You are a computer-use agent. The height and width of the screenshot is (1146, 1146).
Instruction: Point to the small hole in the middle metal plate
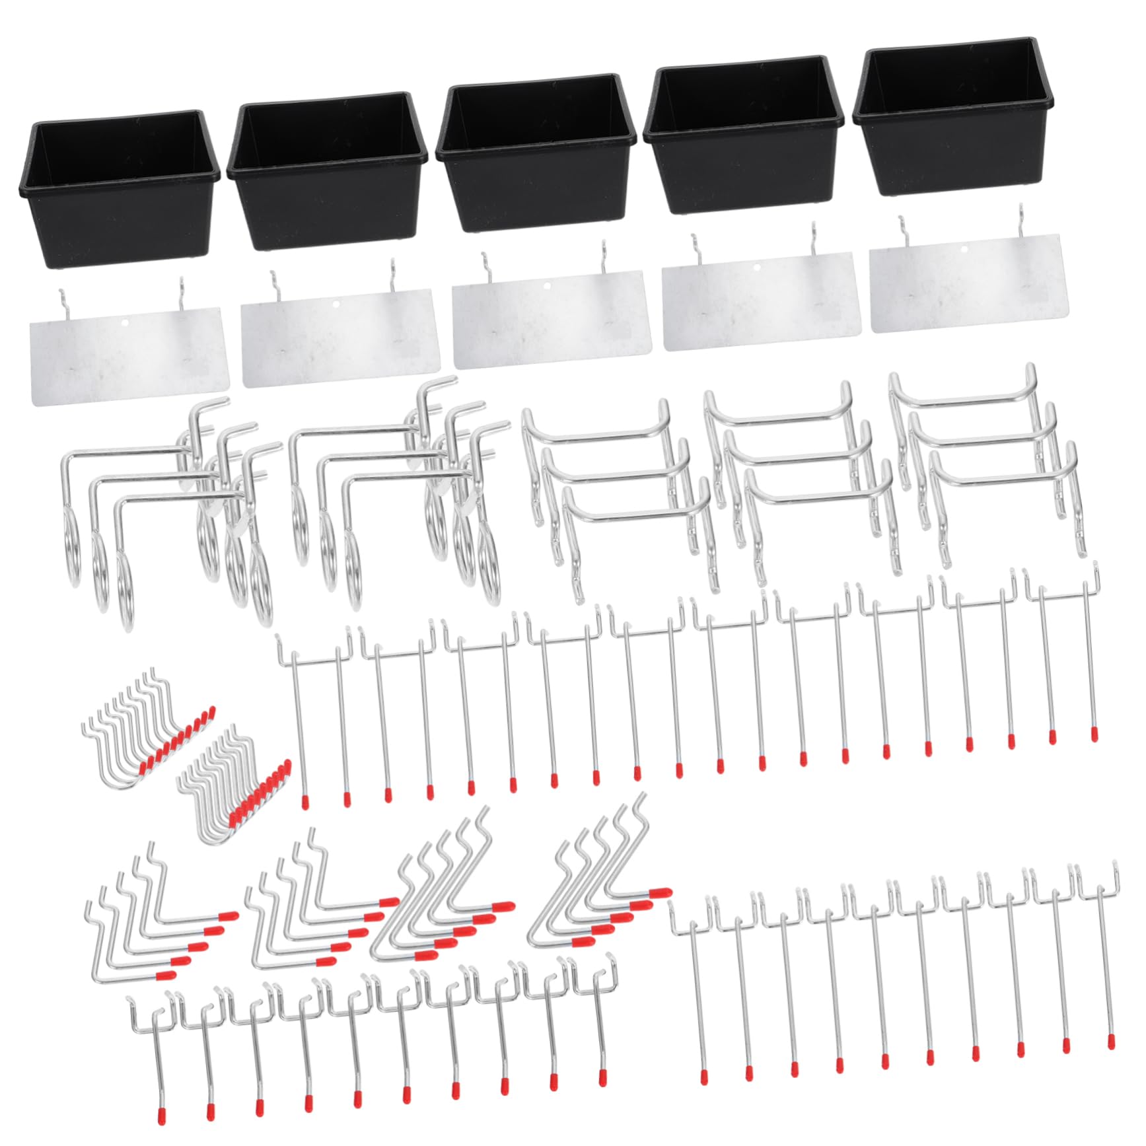click(x=546, y=286)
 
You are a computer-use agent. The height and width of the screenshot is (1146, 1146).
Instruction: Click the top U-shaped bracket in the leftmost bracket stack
click(x=594, y=433)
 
